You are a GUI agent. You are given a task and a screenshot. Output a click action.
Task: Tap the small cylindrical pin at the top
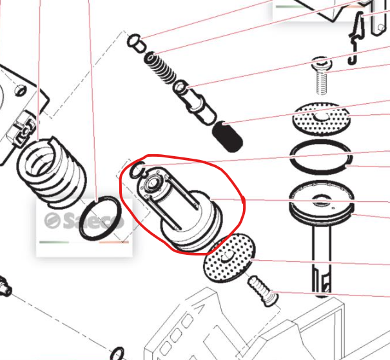136,43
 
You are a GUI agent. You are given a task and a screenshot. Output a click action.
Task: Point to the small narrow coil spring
160,67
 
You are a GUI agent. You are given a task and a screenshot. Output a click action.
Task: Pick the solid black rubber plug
228,136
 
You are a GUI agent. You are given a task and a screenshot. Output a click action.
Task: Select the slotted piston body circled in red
180,209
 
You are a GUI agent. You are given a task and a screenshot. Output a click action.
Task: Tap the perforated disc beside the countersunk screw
229,257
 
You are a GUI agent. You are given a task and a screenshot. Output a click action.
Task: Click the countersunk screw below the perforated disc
263,291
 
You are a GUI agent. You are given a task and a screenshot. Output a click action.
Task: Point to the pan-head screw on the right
322,75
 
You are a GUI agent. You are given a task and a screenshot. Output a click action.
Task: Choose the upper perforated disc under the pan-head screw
322,118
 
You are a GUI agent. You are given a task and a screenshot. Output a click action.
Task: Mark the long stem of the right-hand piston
322,259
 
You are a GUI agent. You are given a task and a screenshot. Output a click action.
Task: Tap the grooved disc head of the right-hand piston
322,202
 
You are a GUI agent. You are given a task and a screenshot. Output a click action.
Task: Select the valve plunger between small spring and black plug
195,103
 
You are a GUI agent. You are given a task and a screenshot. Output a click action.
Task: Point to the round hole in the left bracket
21,90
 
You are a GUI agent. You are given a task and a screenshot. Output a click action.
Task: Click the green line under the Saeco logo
54,242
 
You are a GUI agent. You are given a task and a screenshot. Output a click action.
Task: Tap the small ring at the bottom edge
117,354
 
